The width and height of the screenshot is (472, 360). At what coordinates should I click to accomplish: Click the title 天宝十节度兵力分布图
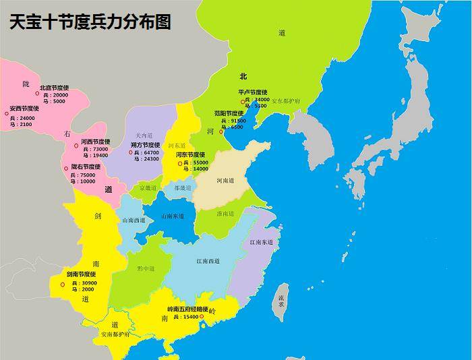click(x=90, y=22)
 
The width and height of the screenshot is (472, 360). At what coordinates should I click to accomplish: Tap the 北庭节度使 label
click(x=54, y=87)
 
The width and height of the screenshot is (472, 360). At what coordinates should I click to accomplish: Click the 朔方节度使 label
click(x=145, y=145)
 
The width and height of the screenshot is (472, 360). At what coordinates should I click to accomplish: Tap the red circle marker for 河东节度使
click(x=180, y=163)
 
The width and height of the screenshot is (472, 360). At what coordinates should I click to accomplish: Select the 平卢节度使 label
click(x=253, y=92)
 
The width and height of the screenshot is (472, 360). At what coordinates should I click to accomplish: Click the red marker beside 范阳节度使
click(x=220, y=131)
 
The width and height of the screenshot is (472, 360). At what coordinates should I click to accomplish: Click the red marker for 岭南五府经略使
click(x=202, y=316)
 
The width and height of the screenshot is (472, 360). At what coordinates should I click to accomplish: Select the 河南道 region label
click(x=225, y=181)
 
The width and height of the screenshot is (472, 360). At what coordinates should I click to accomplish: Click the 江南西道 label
click(x=208, y=261)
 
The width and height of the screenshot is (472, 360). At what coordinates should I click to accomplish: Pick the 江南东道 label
click(x=261, y=242)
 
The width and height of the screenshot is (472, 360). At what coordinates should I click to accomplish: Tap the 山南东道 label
click(x=173, y=216)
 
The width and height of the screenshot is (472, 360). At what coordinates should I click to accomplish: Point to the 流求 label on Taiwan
click(x=281, y=301)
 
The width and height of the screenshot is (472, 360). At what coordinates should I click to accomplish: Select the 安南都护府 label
click(x=116, y=334)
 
